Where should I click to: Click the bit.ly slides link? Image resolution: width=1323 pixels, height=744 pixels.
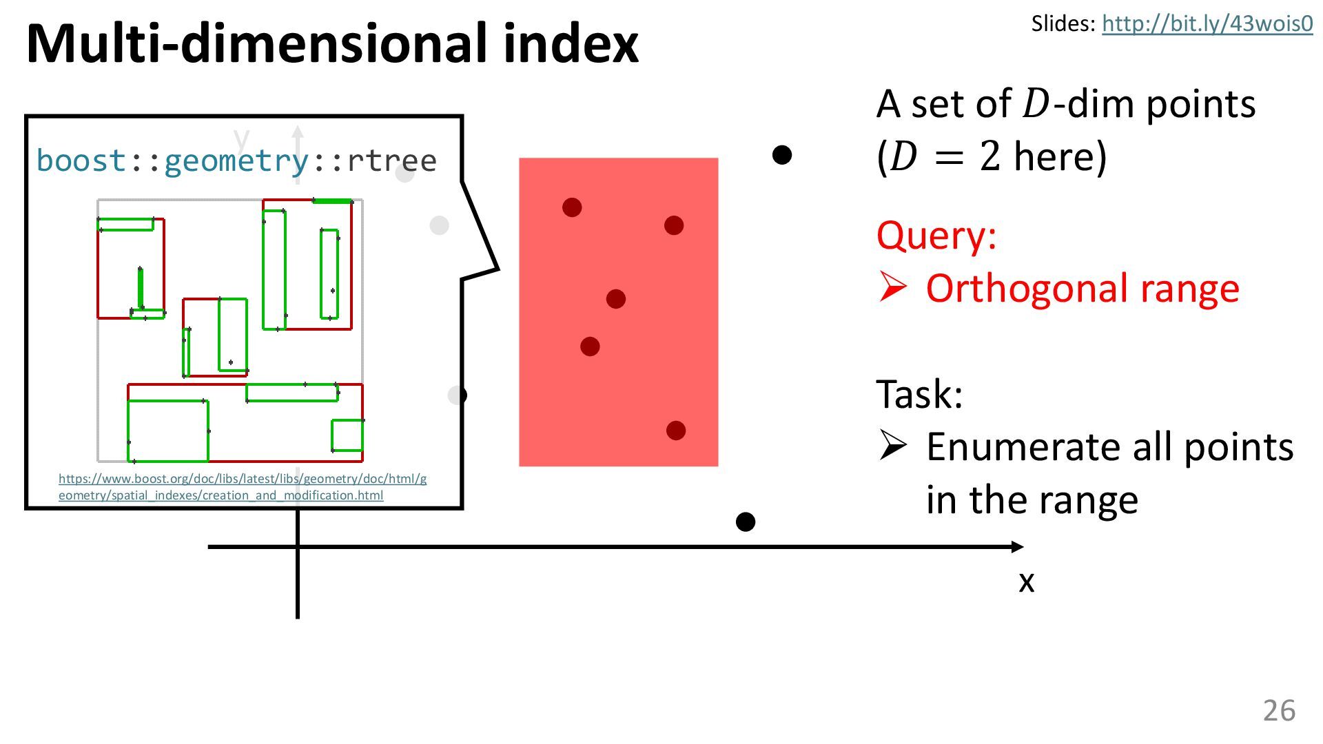(x=1207, y=24)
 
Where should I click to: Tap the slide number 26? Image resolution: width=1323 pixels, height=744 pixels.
(x=1279, y=710)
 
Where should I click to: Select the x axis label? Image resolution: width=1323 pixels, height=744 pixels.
(x=1027, y=582)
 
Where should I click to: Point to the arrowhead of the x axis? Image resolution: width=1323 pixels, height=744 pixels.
(x=1018, y=547)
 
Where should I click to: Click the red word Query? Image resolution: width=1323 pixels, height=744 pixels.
(x=936, y=236)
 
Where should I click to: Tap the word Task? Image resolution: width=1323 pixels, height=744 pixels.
(x=919, y=395)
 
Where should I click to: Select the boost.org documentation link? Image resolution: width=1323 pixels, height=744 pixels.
(x=242, y=486)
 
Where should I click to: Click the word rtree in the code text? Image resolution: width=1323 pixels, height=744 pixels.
(x=392, y=161)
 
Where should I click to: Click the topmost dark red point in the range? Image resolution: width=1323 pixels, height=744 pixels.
(x=572, y=207)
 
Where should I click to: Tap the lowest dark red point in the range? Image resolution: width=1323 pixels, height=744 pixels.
(x=676, y=431)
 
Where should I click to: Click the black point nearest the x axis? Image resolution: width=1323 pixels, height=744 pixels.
(x=746, y=522)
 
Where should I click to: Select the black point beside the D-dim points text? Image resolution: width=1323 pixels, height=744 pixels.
(x=782, y=155)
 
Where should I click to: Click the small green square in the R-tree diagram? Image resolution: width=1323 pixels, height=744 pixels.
(x=347, y=435)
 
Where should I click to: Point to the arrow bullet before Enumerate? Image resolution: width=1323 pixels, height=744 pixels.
(x=893, y=446)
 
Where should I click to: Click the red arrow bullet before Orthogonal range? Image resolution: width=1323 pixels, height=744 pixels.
(x=893, y=288)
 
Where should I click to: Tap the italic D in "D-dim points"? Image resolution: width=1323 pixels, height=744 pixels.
(x=1035, y=105)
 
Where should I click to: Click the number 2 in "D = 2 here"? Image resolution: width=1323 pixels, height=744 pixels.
(x=990, y=157)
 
